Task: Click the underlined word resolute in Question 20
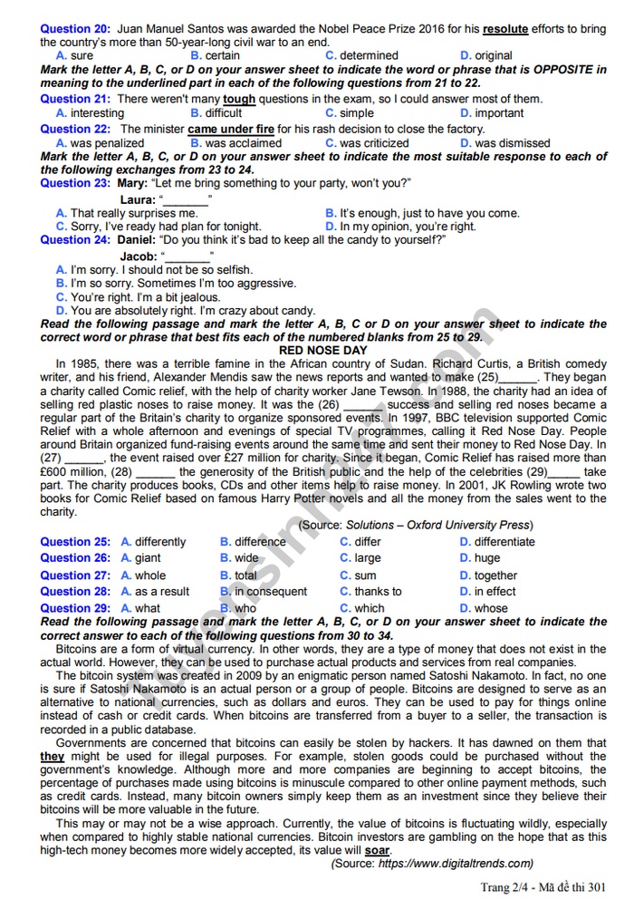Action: click(505, 29)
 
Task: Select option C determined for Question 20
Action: click(361, 55)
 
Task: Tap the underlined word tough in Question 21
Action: click(239, 99)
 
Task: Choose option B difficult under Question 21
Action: click(216, 113)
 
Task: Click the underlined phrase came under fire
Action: click(231, 129)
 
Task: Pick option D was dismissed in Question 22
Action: click(504, 143)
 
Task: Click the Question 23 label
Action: click(75, 183)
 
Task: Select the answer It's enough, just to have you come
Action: click(422, 213)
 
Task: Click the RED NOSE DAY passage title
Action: click(323, 350)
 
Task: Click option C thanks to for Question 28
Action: click(370, 592)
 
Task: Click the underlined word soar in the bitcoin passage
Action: click(377, 851)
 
